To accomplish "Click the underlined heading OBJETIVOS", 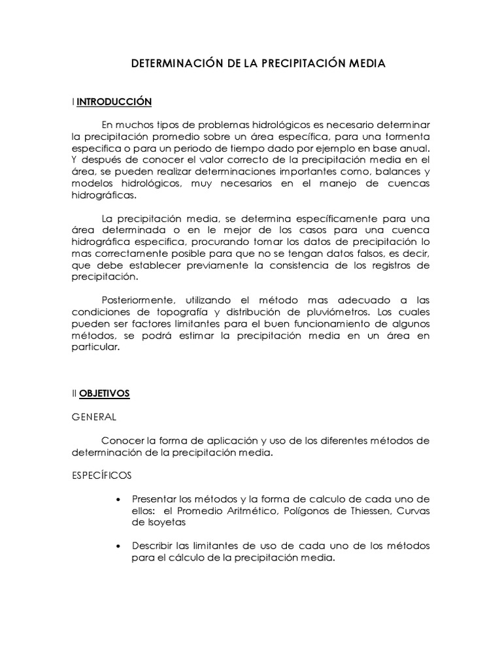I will click(x=105, y=393).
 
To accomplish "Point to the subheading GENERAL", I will click(x=94, y=416).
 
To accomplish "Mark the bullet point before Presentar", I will click(x=118, y=500).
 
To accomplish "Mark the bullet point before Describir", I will click(x=118, y=546).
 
